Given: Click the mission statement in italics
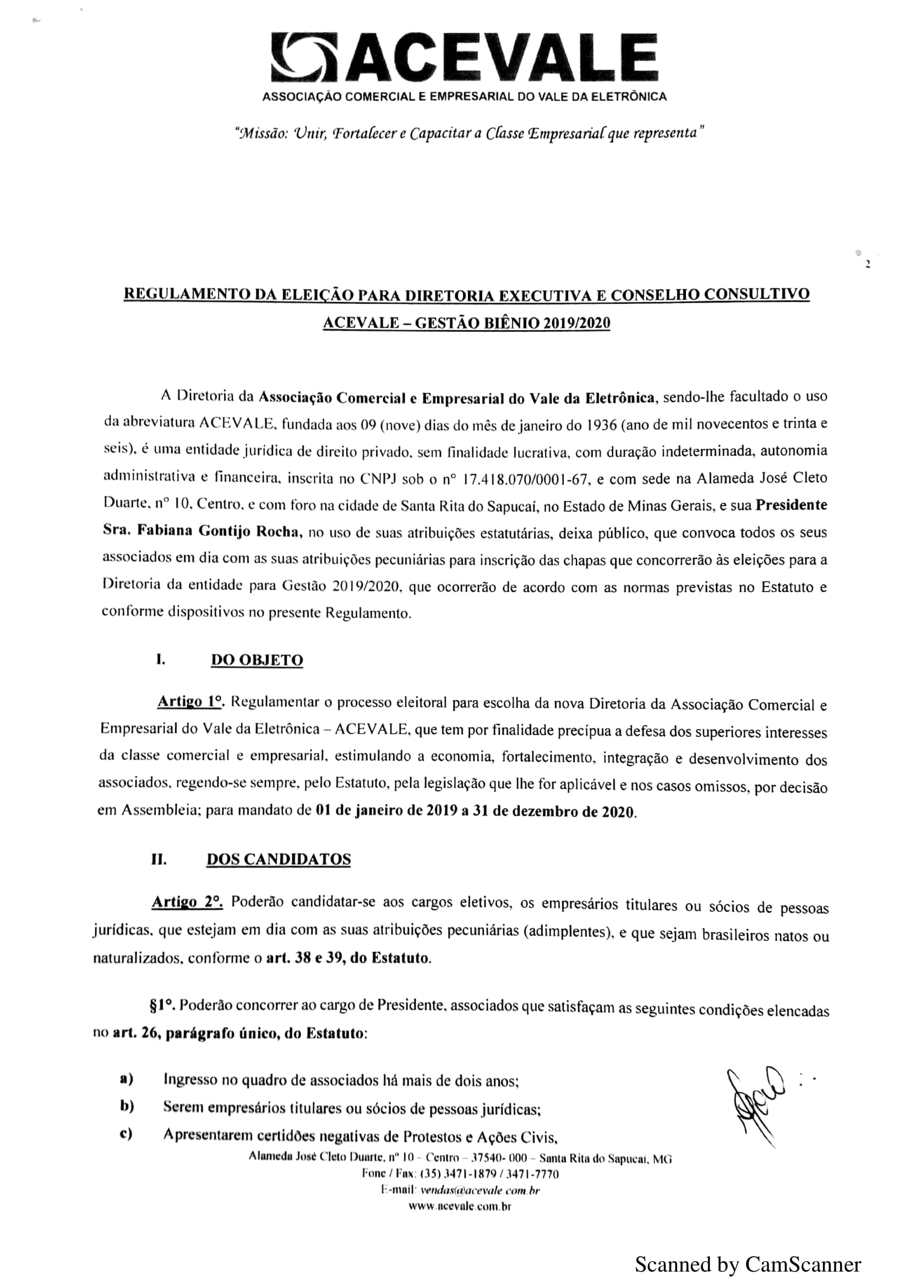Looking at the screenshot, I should click(469, 134).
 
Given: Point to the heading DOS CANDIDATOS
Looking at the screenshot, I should click(279, 860).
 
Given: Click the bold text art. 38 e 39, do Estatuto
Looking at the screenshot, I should click(348, 958).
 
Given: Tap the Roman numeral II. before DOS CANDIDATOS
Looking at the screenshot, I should click(159, 860).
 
